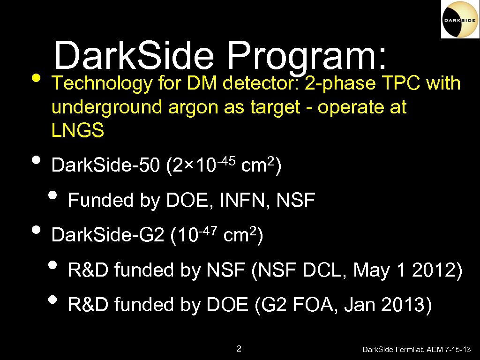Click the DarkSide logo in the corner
click(x=460, y=20)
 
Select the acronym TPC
click(x=401, y=83)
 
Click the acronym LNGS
click(x=78, y=131)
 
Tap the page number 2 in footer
click(x=239, y=348)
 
